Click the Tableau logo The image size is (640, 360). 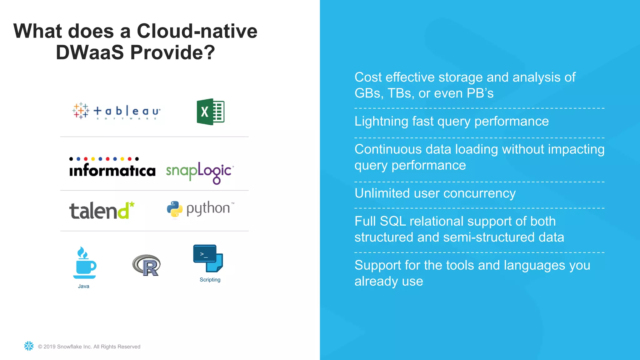tap(117, 111)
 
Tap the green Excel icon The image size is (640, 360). tap(210, 112)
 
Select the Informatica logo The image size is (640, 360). tap(112, 168)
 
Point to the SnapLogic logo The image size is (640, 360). tap(199, 172)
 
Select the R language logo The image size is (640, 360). tap(147, 265)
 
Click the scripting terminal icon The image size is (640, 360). tap(208, 258)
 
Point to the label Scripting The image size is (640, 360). tap(210, 280)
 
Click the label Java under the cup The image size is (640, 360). tap(83, 286)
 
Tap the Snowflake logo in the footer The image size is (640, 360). tap(29, 346)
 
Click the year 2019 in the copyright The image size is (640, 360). tap(49, 347)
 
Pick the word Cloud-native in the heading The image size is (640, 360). tap(197, 31)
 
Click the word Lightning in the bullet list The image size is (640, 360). tap(381, 122)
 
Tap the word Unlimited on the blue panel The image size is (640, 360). tap(382, 193)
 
